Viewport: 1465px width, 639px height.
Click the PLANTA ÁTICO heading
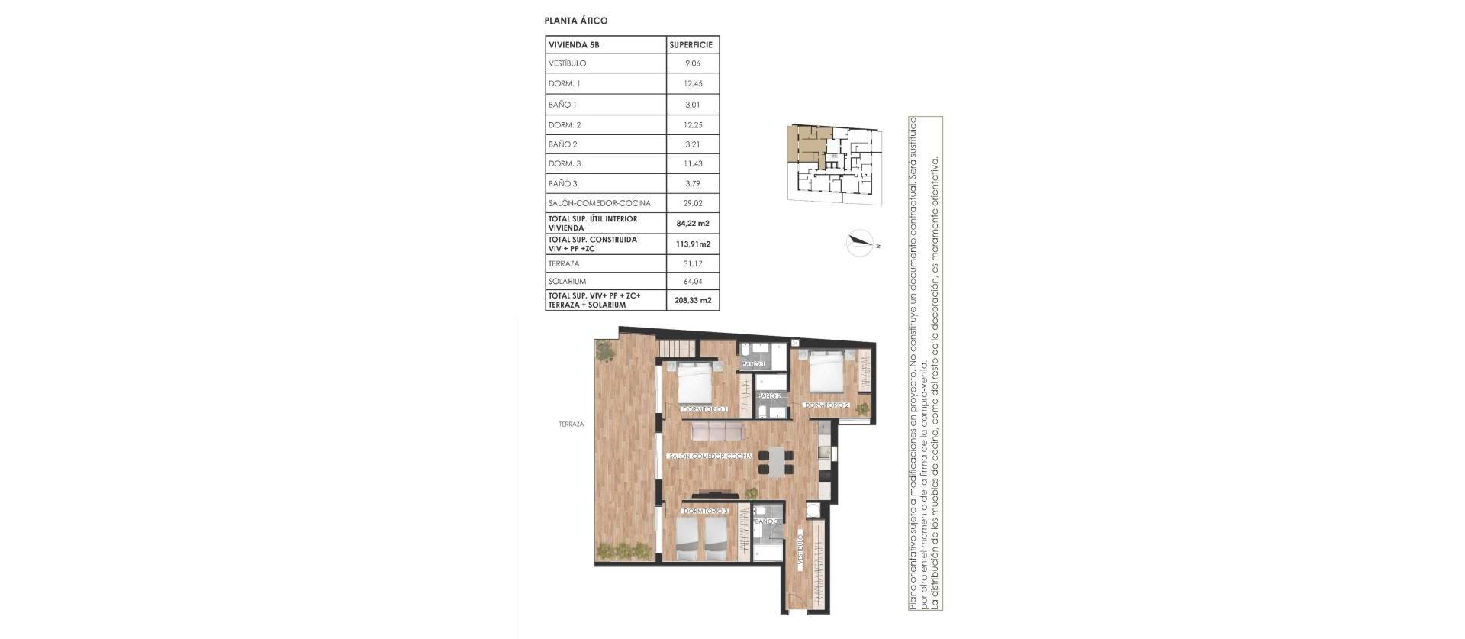(x=576, y=21)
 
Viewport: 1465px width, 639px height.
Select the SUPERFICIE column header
(x=691, y=45)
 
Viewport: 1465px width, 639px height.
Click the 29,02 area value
(x=692, y=204)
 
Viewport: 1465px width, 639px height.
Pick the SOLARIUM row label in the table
(x=567, y=282)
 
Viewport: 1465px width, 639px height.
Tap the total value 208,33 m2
(x=692, y=301)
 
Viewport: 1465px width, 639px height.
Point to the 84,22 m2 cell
(x=692, y=224)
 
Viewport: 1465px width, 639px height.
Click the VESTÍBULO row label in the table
(x=567, y=63)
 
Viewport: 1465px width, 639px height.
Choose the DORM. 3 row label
(x=565, y=164)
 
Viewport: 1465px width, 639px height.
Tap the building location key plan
(x=836, y=163)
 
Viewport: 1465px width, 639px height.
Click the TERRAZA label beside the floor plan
(x=571, y=424)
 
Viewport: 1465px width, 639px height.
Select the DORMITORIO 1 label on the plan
(x=705, y=410)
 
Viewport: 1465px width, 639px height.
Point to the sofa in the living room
(x=716, y=433)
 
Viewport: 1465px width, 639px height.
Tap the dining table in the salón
(x=775, y=460)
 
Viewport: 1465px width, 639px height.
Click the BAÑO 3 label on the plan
(x=766, y=522)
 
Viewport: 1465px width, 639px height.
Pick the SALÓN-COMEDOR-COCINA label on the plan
(x=710, y=457)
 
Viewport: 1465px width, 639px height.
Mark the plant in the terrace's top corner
(x=604, y=351)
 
